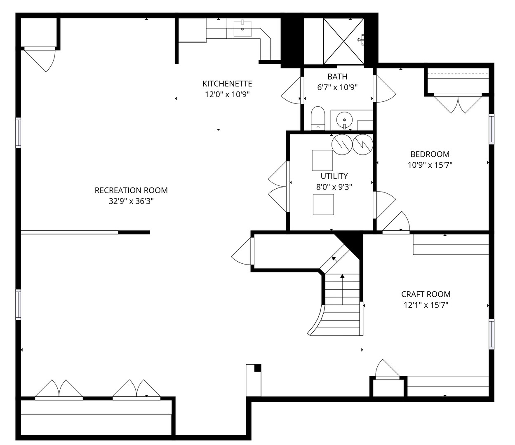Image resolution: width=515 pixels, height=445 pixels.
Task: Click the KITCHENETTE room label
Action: pos(227,84)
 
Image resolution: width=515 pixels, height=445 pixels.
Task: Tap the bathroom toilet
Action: pos(318,118)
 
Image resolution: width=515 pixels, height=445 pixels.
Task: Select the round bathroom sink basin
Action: pos(344,119)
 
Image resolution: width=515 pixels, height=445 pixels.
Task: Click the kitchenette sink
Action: pos(242,29)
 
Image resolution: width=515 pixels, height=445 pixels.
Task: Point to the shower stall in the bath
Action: pos(343,41)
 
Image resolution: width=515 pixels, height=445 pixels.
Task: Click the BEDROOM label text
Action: pos(430,155)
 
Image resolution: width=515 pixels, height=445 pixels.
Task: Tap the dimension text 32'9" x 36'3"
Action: pos(131,201)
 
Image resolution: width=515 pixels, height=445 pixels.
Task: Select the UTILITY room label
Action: pos(334,176)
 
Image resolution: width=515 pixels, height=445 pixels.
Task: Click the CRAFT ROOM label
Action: pos(426,294)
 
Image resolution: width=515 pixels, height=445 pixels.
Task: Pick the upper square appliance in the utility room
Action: pos(322,160)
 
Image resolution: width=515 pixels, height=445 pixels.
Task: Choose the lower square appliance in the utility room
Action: pos(323,204)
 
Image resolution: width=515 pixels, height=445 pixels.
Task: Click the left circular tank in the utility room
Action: pos(342,145)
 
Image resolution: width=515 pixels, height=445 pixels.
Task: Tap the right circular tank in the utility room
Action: pos(363,145)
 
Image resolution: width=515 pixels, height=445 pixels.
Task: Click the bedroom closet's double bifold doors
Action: pos(458,104)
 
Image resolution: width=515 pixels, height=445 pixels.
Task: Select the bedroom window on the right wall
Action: pos(491,129)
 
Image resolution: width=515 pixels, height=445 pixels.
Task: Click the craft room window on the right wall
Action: pos(491,335)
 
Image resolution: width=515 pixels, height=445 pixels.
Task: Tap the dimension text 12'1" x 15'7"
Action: pos(426,305)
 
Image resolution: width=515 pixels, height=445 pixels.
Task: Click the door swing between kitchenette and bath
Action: pos(292,90)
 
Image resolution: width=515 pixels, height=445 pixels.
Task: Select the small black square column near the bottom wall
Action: pos(258,368)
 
